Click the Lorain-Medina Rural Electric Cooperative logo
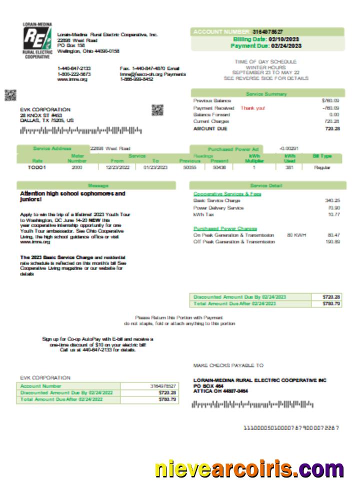click(x=37, y=40)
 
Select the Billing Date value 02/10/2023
click(x=285, y=39)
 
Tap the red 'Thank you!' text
click(x=253, y=107)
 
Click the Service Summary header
click(x=266, y=94)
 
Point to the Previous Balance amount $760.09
click(x=331, y=100)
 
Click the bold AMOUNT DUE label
click(x=210, y=128)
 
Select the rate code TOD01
click(x=37, y=167)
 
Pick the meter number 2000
click(x=76, y=167)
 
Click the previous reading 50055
click(x=190, y=167)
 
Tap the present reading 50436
click(x=219, y=167)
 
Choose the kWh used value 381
click(x=289, y=167)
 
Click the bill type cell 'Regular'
click(x=322, y=167)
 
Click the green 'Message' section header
click(x=98, y=185)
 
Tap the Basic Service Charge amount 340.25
click(x=332, y=200)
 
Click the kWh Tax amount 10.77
click(x=333, y=214)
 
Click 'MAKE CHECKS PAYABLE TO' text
click(x=228, y=365)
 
